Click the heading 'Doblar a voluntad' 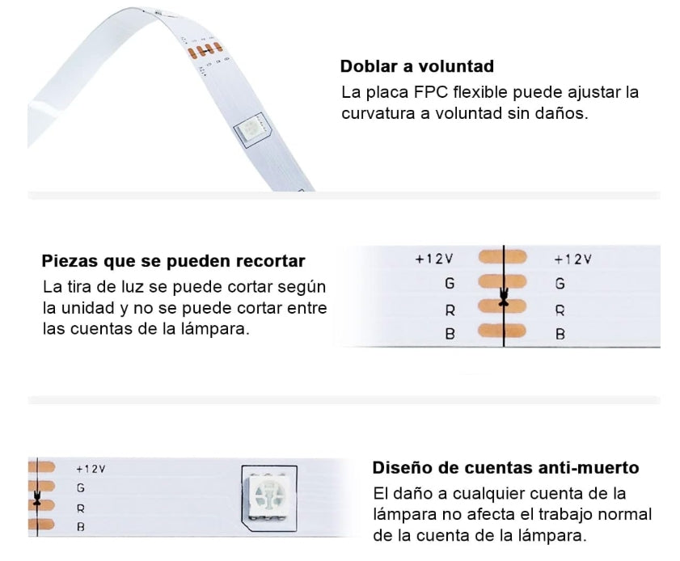click(416, 66)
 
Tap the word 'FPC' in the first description click(431, 92)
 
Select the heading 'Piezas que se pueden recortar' click(174, 261)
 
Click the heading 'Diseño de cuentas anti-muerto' click(505, 468)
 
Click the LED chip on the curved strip click(251, 129)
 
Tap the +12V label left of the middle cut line click(434, 259)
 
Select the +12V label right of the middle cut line click(573, 259)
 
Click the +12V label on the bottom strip click(91, 469)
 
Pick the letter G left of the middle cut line click(450, 283)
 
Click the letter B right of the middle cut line click(560, 335)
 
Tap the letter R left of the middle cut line click(450, 310)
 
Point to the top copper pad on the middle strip click(503, 257)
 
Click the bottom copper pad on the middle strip click(502, 331)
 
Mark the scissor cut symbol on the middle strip click(504, 297)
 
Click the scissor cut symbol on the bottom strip click(37, 498)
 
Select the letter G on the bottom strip click(81, 488)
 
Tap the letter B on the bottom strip click(81, 527)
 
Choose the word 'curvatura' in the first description click(378, 114)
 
